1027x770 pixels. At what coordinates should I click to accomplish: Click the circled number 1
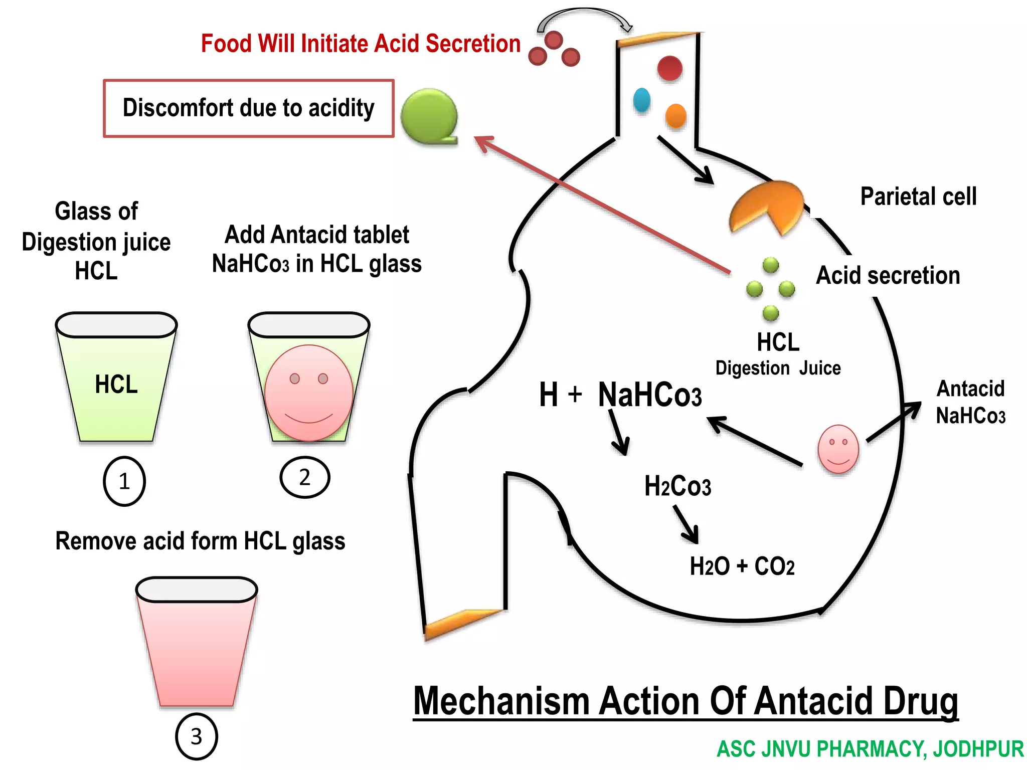click(x=124, y=481)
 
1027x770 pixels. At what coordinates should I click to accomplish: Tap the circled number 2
click(x=304, y=477)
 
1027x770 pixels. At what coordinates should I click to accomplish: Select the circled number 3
click(x=196, y=736)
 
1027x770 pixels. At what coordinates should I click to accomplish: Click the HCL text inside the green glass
click(x=116, y=384)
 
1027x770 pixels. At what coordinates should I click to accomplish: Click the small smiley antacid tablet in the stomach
click(x=838, y=449)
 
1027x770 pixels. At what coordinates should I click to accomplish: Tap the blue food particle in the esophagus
click(x=641, y=100)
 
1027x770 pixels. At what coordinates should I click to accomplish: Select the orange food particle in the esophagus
click(x=675, y=116)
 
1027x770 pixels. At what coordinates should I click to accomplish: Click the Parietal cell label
click(x=918, y=197)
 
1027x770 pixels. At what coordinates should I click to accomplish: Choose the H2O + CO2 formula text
click(x=742, y=566)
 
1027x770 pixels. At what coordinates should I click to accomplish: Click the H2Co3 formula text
click(x=677, y=486)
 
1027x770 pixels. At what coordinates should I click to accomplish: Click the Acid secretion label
click(x=888, y=276)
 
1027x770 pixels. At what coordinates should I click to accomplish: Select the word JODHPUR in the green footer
click(x=978, y=749)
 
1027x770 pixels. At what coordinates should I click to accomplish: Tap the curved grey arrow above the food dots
click(x=584, y=15)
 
